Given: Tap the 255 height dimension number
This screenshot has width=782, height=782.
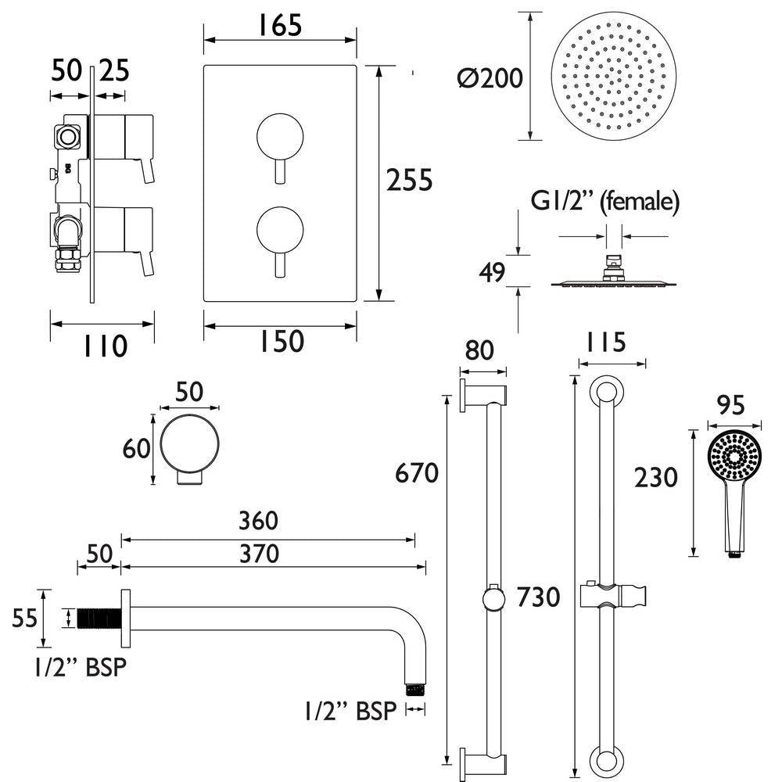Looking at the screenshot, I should click(x=410, y=181).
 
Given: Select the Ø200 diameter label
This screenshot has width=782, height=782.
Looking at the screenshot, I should click(x=491, y=78).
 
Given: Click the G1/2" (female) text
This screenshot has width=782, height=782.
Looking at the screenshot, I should click(x=604, y=202).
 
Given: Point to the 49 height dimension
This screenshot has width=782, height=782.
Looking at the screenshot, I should click(x=490, y=273).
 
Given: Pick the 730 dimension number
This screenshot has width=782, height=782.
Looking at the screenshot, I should click(x=539, y=597).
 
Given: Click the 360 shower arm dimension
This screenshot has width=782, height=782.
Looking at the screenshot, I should click(x=258, y=520).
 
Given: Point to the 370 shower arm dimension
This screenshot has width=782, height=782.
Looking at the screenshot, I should click(x=258, y=554).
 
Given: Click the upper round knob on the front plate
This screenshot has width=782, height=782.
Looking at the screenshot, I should click(x=277, y=135).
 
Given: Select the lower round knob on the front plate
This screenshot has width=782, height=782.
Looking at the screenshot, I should click(x=277, y=229).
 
